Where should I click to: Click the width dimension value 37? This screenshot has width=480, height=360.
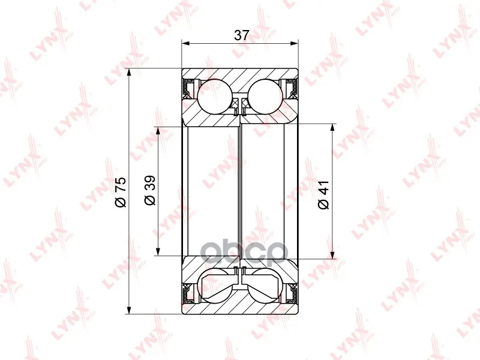tap(242, 35)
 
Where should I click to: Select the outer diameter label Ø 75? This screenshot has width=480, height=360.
tap(120, 192)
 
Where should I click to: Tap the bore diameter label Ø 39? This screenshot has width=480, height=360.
tap(150, 190)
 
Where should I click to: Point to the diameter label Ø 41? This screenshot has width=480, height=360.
tap(323, 194)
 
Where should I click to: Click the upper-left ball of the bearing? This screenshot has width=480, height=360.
tap(215, 97)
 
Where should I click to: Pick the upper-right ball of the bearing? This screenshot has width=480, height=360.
tap(265, 97)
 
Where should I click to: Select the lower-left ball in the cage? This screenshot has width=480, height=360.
tap(215, 286)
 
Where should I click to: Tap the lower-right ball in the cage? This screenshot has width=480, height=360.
tap(265, 286)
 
